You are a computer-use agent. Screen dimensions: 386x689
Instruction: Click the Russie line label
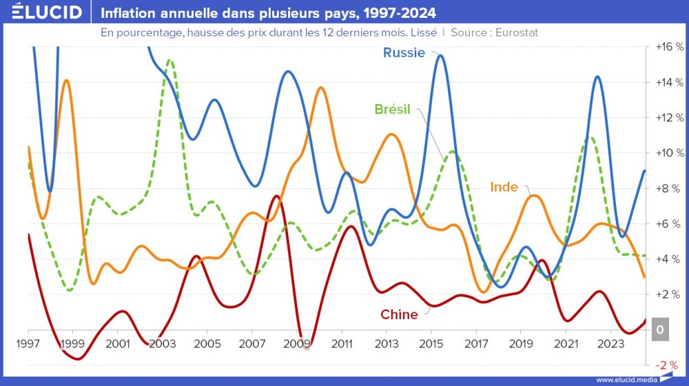point(404,53)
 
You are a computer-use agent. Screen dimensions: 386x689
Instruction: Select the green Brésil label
point(392,109)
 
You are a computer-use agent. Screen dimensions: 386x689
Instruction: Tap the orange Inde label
point(504,187)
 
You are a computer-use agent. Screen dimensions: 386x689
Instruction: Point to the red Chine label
point(399,314)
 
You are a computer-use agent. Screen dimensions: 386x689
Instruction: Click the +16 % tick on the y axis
point(669,47)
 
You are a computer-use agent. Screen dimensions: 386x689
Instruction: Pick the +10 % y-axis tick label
point(669,152)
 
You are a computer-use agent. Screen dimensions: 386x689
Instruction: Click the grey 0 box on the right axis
point(660,330)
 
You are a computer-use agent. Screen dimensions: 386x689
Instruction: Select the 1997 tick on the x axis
point(28,343)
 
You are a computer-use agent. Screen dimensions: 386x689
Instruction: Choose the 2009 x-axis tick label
point(297,343)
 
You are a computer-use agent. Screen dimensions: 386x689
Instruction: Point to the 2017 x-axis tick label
point(476,343)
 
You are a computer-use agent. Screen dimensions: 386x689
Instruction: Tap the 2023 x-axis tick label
point(610,343)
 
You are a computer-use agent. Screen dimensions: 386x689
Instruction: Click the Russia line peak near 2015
point(440,55)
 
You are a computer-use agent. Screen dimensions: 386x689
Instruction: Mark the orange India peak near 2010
point(321,88)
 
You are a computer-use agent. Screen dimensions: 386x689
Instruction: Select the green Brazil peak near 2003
point(169,61)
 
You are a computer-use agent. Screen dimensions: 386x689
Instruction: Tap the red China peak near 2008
point(276,196)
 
